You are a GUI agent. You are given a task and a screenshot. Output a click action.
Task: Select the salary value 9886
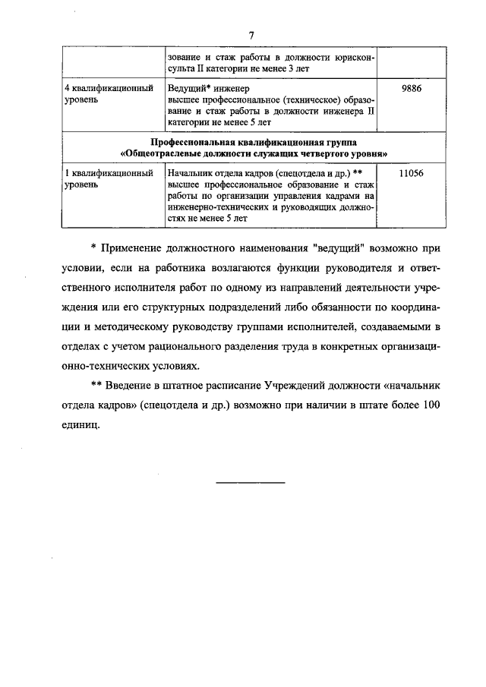pyautogui.click(x=410, y=88)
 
